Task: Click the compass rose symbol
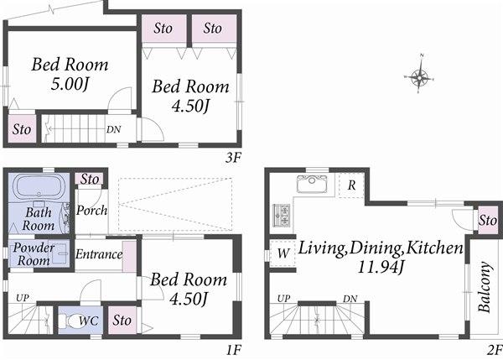click(x=421, y=78)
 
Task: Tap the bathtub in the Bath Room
click(x=39, y=186)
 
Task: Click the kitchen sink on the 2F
click(x=313, y=185)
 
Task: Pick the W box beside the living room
click(x=283, y=253)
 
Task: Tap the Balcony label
click(x=485, y=288)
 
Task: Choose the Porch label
click(x=91, y=210)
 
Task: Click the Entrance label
click(x=99, y=254)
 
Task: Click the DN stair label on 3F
click(x=112, y=129)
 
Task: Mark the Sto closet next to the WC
click(x=122, y=320)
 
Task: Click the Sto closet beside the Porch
click(x=90, y=179)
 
